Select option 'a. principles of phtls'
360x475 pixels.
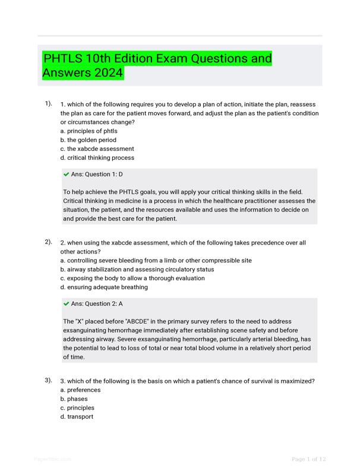click(x=89, y=131)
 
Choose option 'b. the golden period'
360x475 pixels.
click(x=88, y=140)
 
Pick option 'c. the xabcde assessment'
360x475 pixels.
click(x=97, y=149)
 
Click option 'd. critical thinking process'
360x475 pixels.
click(x=97, y=158)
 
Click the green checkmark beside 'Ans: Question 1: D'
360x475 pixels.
click(x=66, y=175)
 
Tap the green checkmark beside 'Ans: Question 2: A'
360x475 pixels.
click(x=66, y=303)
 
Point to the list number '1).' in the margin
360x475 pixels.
click(x=48, y=104)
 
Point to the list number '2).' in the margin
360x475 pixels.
click(x=48, y=242)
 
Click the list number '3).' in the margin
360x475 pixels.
click(x=48, y=380)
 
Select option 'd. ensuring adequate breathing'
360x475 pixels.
click(x=104, y=287)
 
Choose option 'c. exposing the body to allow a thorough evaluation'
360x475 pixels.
click(x=134, y=278)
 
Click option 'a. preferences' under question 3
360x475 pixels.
click(x=80, y=390)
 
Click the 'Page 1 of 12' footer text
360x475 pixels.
click(x=309, y=459)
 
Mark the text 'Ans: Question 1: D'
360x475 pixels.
click(x=97, y=175)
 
